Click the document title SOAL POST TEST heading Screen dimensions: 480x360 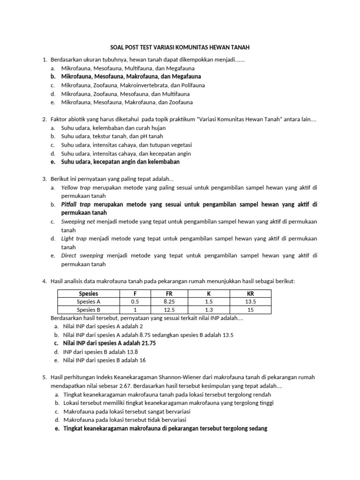[x=180, y=47]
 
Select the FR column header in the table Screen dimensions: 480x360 [x=170, y=293]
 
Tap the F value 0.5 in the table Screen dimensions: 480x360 [x=135, y=301]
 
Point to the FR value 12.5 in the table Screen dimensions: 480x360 [x=170, y=310]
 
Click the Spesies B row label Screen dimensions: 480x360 [x=89, y=310]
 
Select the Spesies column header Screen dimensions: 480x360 [x=89, y=293]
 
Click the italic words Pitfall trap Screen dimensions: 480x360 [x=76, y=205]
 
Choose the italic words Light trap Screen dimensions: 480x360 [x=74, y=239]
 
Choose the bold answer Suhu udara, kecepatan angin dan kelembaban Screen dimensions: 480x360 [x=120, y=162]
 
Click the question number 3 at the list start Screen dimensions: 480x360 [x=44, y=179]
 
